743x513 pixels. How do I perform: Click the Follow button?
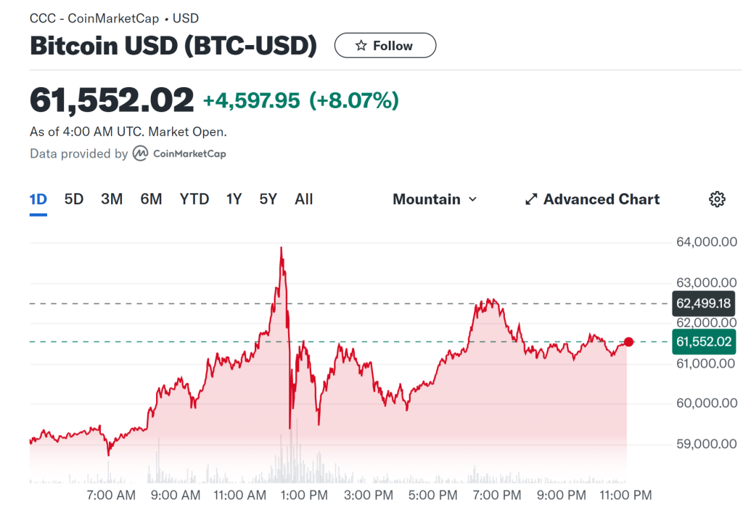[x=385, y=46]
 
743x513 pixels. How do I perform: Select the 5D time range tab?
[x=74, y=199]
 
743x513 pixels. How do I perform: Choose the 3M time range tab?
[x=112, y=199]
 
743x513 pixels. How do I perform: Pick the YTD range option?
[x=194, y=199]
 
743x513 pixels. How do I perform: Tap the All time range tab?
[x=304, y=199]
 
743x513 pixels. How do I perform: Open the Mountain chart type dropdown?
[x=435, y=199]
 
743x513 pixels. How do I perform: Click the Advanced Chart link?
[x=592, y=199]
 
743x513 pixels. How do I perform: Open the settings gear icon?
[x=717, y=199]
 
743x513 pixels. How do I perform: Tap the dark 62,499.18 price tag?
[x=703, y=303]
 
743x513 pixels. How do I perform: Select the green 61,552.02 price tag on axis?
[x=703, y=342]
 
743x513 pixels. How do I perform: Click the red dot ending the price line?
[x=628, y=342]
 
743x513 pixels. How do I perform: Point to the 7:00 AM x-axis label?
[x=110, y=496]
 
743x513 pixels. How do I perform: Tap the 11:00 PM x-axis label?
[x=626, y=496]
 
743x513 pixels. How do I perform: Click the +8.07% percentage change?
[x=354, y=101]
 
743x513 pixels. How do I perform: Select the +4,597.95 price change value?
[x=251, y=101]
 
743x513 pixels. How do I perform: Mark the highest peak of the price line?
[x=282, y=248]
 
